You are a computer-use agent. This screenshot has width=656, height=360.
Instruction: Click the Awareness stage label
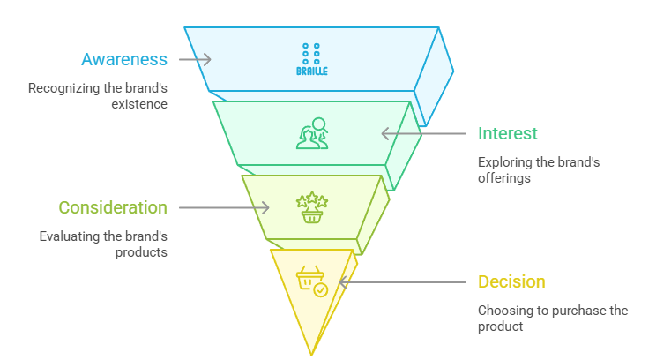point(124,60)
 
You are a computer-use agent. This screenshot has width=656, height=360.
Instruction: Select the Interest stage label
point(507,134)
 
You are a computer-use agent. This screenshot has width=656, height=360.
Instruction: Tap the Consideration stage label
point(113,208)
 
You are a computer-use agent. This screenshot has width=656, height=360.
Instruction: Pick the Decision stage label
point(511,282)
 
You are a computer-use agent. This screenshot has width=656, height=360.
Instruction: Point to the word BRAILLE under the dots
point(311,71)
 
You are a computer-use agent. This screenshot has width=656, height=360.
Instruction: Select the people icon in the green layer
point(310,133)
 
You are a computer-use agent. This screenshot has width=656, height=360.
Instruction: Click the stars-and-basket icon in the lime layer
point(311,208)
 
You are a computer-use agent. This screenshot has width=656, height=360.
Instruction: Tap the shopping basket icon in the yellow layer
point(311,281)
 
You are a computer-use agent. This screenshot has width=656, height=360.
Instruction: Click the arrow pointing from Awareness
point(195,60)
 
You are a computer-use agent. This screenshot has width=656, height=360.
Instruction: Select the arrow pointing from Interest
point(423,134)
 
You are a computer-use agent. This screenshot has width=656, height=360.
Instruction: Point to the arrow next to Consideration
point(224,208)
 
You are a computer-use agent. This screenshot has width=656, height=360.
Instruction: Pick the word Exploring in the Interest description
point(503,162)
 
